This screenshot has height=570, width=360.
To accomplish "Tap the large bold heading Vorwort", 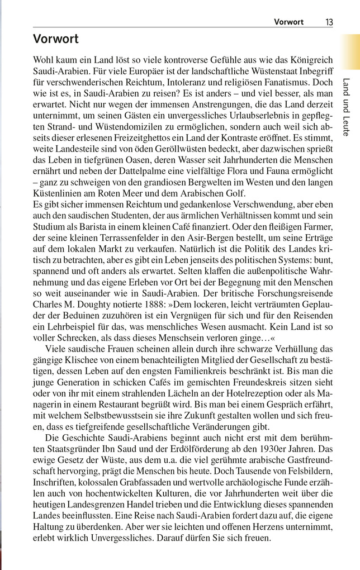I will tap(56, 40).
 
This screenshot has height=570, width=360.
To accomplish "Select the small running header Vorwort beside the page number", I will tap(288, 22).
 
